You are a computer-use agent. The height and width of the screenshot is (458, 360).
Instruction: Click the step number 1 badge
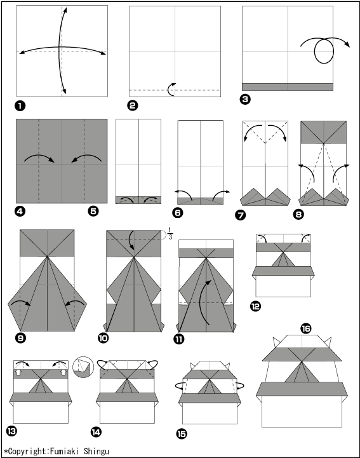pos(20,105)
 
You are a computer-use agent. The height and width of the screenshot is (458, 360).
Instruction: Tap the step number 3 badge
pos(245,99)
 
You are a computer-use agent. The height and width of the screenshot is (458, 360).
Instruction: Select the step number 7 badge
pos(240,215)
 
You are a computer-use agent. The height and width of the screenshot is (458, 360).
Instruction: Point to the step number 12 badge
pos(255,306)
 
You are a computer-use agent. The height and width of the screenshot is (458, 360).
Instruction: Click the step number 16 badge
pos(305,328)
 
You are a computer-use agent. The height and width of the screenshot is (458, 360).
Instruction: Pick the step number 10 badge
pos(103,338)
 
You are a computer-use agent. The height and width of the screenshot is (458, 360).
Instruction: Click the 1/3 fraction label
pos(170,234)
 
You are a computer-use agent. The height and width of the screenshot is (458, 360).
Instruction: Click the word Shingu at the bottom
pos(97,451)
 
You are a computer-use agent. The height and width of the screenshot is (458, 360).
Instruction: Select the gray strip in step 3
pos(288,87)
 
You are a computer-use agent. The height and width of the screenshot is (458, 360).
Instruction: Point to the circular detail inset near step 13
pos(83,367)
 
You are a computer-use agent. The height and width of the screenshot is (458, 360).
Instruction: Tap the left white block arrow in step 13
pos(18,372)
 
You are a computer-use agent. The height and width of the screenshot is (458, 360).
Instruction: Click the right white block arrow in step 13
pos(63,372)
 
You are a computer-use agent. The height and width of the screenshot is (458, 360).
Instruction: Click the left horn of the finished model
pos(276,342)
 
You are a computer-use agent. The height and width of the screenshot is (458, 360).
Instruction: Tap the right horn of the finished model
pos(328,342)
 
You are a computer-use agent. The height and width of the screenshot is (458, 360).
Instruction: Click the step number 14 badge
pos(96,432)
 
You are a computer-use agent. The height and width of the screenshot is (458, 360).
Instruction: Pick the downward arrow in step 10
pos(131,240)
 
